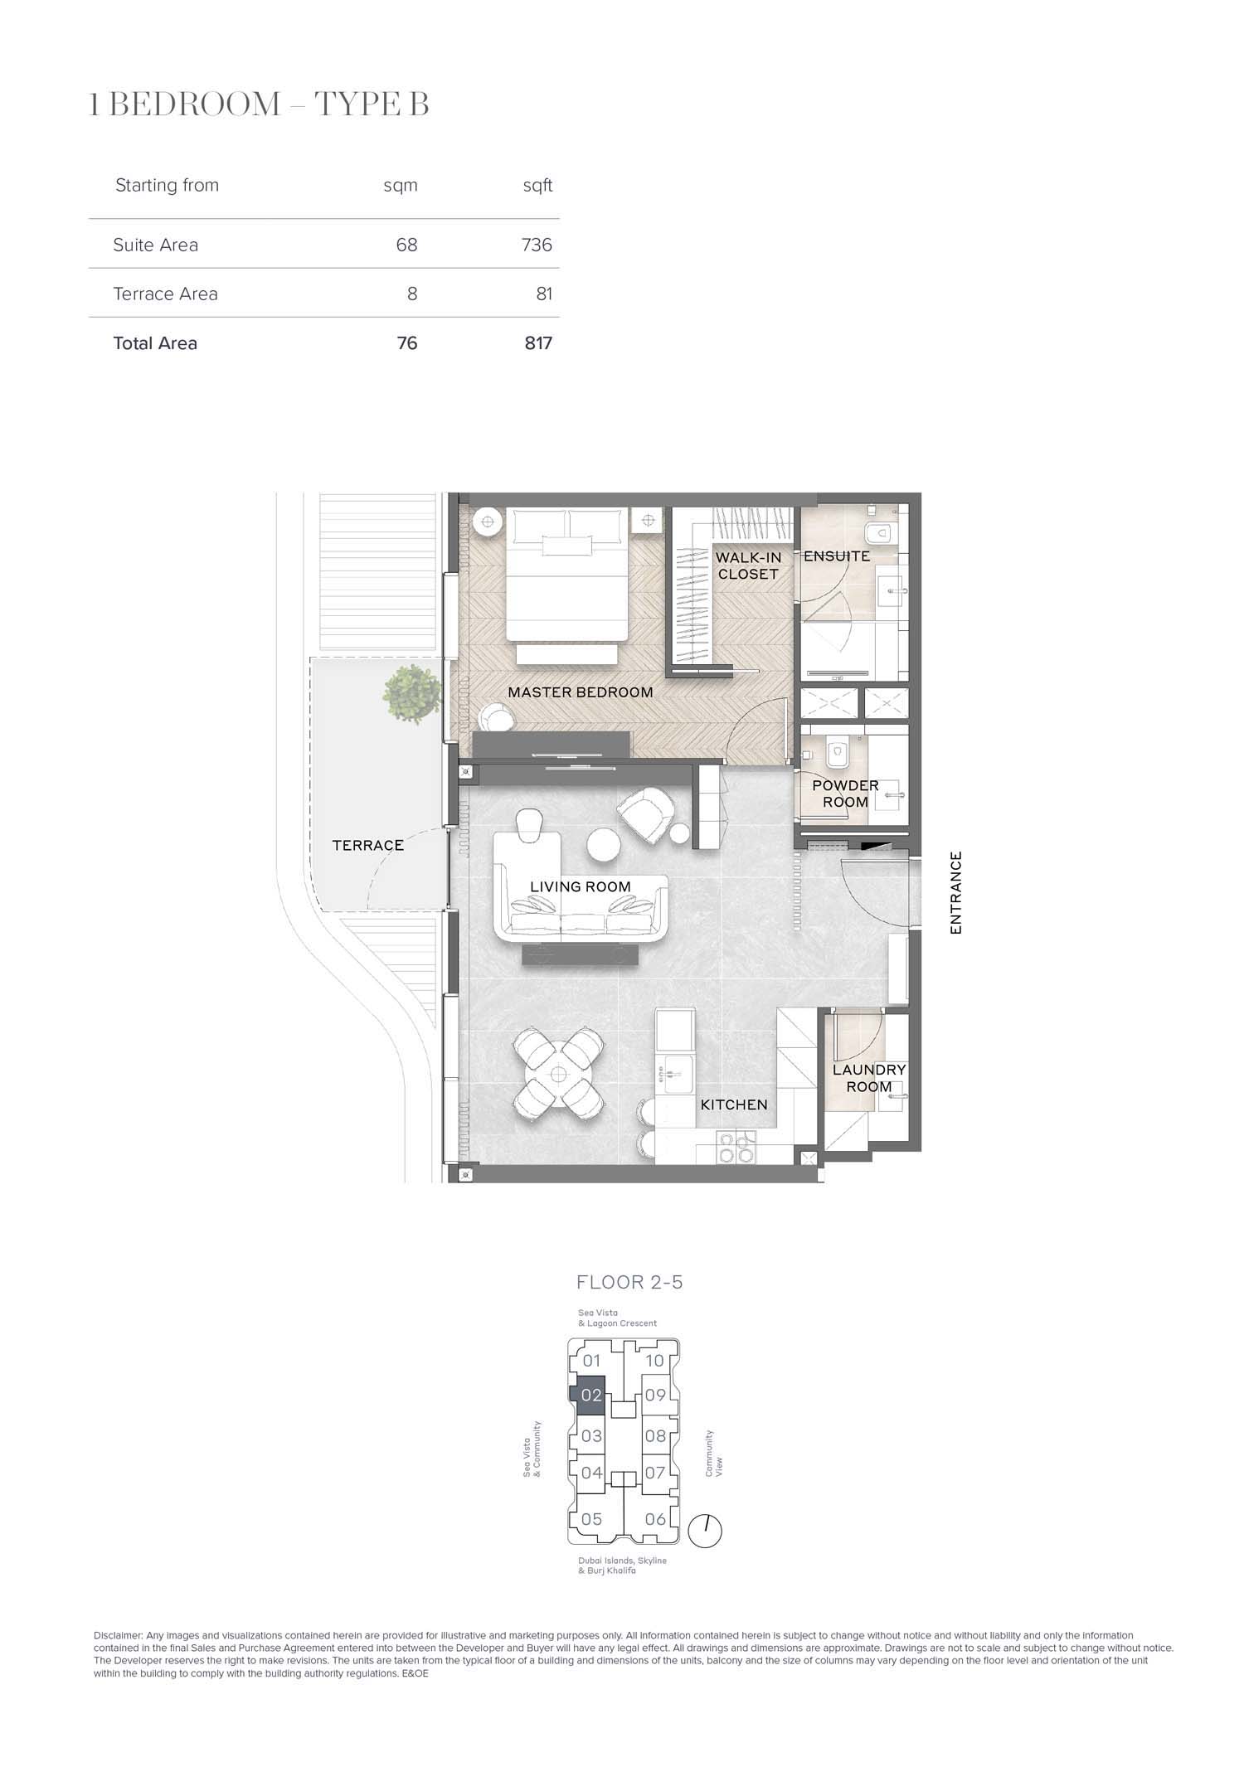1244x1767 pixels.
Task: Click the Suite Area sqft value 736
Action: click(537, 245)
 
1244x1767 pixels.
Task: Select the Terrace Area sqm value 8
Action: click(412, 294)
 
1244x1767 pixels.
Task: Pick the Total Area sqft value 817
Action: click(538, 343)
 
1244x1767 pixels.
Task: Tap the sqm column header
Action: click(401, 186)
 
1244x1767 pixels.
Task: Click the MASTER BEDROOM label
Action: click(581, 692)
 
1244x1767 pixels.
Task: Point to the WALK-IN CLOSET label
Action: click(749, 566)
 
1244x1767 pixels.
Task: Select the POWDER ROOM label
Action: click(845, 794)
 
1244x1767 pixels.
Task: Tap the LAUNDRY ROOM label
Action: click(869, 1078)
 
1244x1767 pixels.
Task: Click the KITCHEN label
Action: click(734, 1104)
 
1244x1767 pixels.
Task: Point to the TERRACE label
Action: click(368, 845)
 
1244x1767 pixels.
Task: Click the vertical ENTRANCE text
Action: click(956, 893)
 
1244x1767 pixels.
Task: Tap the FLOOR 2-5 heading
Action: click(629, 1282)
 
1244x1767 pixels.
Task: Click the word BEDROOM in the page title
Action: click(196, 105)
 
